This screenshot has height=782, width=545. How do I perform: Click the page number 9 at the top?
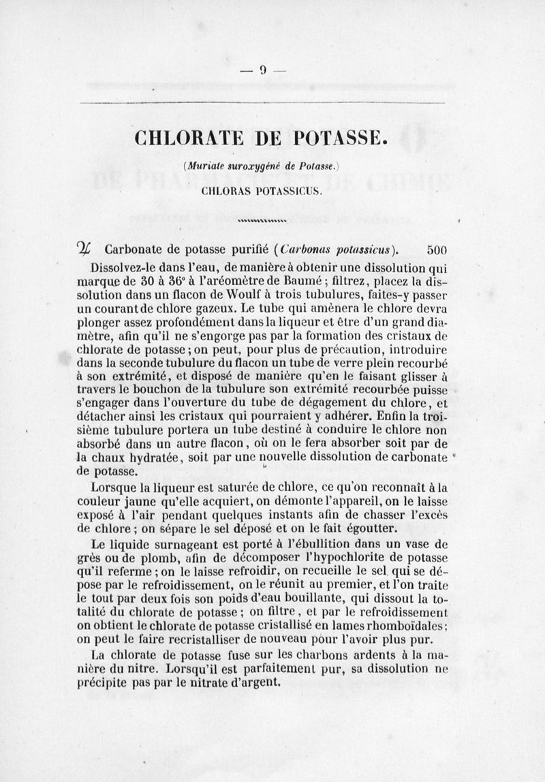[262, 70]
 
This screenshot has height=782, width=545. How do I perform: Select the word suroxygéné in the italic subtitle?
[249, 166]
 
